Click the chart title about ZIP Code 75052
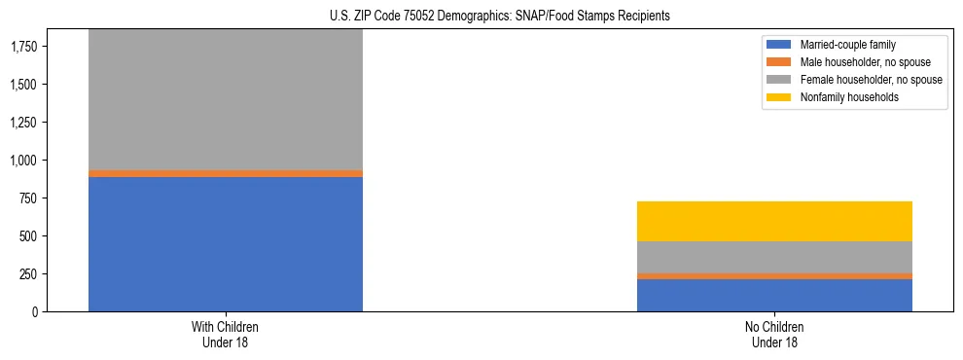coord(481,17)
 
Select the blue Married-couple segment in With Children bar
coord(226,244)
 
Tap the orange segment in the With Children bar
coord(226,173)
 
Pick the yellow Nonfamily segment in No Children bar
coord(774,222)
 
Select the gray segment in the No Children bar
coord(774,257)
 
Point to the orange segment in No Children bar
coord(774,276)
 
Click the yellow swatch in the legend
coord(779,97)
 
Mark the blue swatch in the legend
coord(779,45)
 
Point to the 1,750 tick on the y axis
coord(23,47)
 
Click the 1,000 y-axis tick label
coord(23,161)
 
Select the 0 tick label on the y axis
coord(35,312)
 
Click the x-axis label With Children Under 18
coord(226,335)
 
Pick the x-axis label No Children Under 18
coord(774,335)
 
